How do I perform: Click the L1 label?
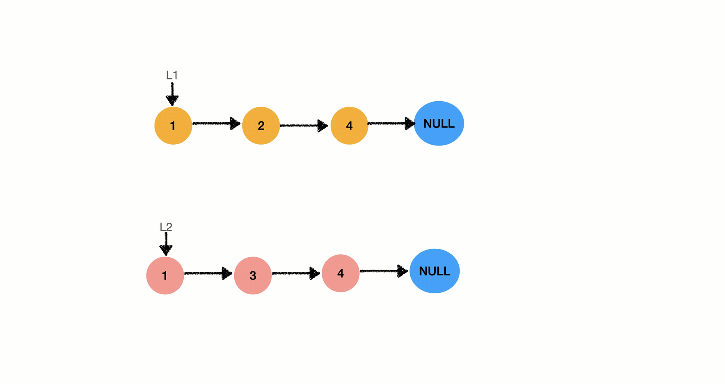coord(172,75)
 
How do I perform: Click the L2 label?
coord(166,227)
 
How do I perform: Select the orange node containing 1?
coord(173,126)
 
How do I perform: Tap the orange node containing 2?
coord(261,126)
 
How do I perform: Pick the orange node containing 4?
coord(349,126)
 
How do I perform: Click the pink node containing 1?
coord(165,275)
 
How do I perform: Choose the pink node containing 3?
coord(253,275)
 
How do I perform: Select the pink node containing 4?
coord(341,273)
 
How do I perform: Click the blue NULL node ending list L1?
coord(439,123)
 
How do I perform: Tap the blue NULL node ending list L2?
coord(435,271)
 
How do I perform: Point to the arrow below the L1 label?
coord(172,94)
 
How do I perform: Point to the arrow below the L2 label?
coord(166,244)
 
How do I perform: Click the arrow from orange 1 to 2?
coord(216,123)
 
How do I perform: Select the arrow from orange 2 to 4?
coord(304,126)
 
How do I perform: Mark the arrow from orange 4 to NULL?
coord(392,123)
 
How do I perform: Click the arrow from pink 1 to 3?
coord(208,273)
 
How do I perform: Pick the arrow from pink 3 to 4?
coord(296,273)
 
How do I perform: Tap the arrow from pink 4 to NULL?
coord(384,271)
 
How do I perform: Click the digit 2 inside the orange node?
coord(261,126)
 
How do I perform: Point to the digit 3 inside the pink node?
coord(253,276)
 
